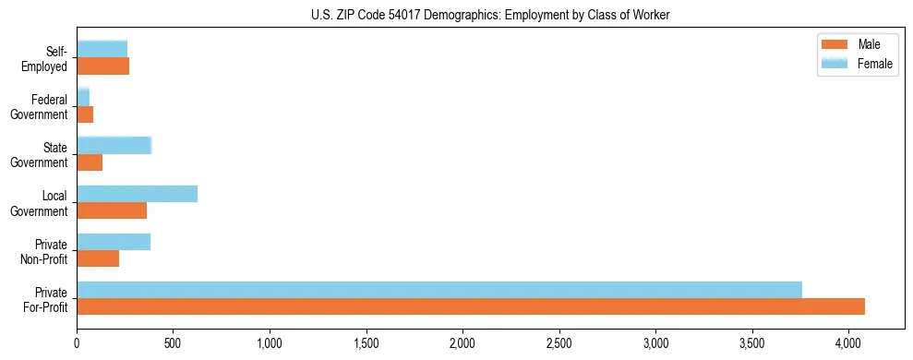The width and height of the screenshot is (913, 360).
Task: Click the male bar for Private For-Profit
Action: [x=471, y=306]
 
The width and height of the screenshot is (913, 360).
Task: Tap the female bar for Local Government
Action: [x=137, y=194]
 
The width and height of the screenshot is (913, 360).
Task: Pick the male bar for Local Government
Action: [x=112, y=210]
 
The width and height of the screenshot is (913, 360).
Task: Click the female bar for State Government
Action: [x=114, y=146]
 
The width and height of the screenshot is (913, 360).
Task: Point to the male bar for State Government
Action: [x=90, y=162]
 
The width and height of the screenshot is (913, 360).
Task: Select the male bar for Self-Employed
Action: [x=102, y=66]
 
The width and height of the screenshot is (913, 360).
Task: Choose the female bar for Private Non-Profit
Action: [x=114, y=242]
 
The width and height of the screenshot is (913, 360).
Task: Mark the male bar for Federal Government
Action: [x=85, y=114]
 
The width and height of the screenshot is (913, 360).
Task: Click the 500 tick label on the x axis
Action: [x=173, y=344]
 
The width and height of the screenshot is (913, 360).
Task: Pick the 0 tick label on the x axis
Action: [x=77, y=344]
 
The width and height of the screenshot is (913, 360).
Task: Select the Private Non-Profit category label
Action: [x=47, y=251]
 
